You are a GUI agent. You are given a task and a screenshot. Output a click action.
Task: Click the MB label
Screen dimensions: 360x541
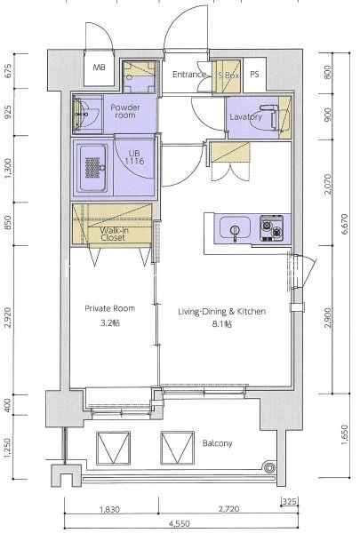point(99,68)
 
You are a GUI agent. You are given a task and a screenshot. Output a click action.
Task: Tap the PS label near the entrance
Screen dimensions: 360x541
point(254,75)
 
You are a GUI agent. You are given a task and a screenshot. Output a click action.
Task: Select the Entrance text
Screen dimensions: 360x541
point(188,75)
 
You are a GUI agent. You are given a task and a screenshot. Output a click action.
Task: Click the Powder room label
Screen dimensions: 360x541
point(125,111)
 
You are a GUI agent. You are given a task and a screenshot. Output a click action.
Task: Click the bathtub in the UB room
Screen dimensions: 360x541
point(92,168)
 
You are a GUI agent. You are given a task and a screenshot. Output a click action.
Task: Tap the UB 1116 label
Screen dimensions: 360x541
point(134,157)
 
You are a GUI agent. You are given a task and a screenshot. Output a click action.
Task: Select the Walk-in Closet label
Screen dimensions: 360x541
point(113,234)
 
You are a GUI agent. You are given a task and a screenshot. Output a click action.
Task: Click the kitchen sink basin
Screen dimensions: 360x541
point(235,227)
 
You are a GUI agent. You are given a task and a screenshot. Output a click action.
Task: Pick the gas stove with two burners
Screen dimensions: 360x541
point(272,228)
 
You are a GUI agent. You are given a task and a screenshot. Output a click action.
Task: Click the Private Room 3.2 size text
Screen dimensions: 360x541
point(110,323)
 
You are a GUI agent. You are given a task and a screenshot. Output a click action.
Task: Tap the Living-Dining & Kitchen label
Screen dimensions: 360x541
point(221,311)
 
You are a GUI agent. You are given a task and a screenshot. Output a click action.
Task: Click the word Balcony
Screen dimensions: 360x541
point(217,443)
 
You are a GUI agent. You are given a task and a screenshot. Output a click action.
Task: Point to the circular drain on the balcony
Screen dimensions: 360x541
point(268,467)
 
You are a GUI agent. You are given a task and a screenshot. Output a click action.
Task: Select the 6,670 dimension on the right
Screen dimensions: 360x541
point(345,224)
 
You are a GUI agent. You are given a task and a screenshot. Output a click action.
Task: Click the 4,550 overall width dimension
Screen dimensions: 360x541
point(180,523)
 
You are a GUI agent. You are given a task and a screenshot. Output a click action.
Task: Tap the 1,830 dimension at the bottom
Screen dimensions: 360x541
point(109,509)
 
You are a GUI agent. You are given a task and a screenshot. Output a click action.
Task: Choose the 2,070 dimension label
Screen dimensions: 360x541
point(327,184)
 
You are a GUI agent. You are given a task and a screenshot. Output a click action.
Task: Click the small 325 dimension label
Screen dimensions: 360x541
point(289,501)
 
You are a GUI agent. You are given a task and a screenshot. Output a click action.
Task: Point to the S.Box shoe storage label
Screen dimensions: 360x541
point(228,75)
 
